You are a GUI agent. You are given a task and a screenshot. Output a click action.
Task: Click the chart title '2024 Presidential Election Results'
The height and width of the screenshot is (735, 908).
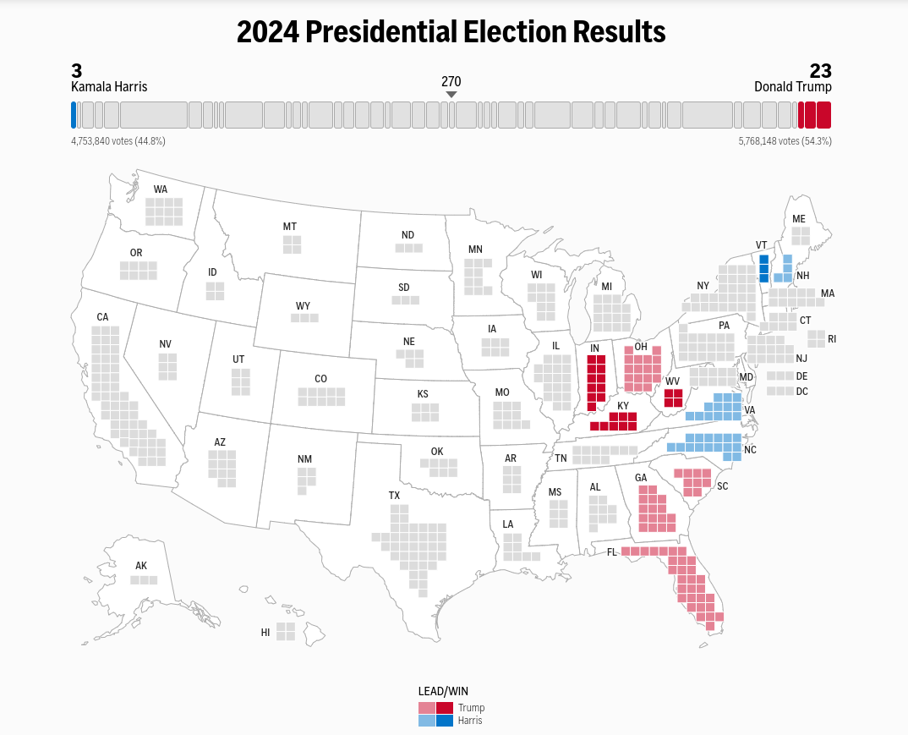451,32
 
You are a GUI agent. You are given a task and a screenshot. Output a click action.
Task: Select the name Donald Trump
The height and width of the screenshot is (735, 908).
792,87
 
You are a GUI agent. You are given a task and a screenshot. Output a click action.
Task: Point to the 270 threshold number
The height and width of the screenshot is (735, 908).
451,81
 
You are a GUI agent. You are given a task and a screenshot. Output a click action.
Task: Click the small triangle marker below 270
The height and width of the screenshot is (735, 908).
451,94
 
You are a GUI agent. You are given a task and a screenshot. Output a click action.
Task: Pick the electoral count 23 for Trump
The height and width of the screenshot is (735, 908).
820,71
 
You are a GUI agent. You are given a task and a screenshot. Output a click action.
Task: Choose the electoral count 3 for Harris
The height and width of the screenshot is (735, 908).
77,71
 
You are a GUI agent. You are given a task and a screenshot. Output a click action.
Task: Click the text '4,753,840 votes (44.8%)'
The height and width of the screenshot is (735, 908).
118,141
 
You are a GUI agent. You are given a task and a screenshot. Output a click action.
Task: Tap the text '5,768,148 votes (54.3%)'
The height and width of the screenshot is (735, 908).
785,141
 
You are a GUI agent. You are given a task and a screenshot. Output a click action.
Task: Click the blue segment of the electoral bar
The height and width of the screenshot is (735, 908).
74,115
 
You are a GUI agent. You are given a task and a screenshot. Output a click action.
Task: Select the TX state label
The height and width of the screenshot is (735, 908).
394,495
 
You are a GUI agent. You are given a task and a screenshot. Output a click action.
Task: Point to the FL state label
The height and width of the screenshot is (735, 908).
611,552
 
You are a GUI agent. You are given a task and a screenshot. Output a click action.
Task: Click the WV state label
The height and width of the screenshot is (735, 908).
672,381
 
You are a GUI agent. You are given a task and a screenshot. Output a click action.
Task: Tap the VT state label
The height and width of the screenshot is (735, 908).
761,245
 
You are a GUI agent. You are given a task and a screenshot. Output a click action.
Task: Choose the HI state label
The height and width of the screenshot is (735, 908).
265,632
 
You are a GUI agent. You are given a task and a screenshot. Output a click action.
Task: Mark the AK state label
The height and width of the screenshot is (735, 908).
141,566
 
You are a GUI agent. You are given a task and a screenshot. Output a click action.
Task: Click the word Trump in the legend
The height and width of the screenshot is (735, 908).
471,708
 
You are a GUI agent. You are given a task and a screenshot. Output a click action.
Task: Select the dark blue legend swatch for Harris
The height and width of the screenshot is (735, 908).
445,721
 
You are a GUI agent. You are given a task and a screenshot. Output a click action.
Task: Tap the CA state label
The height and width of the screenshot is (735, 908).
102,317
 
